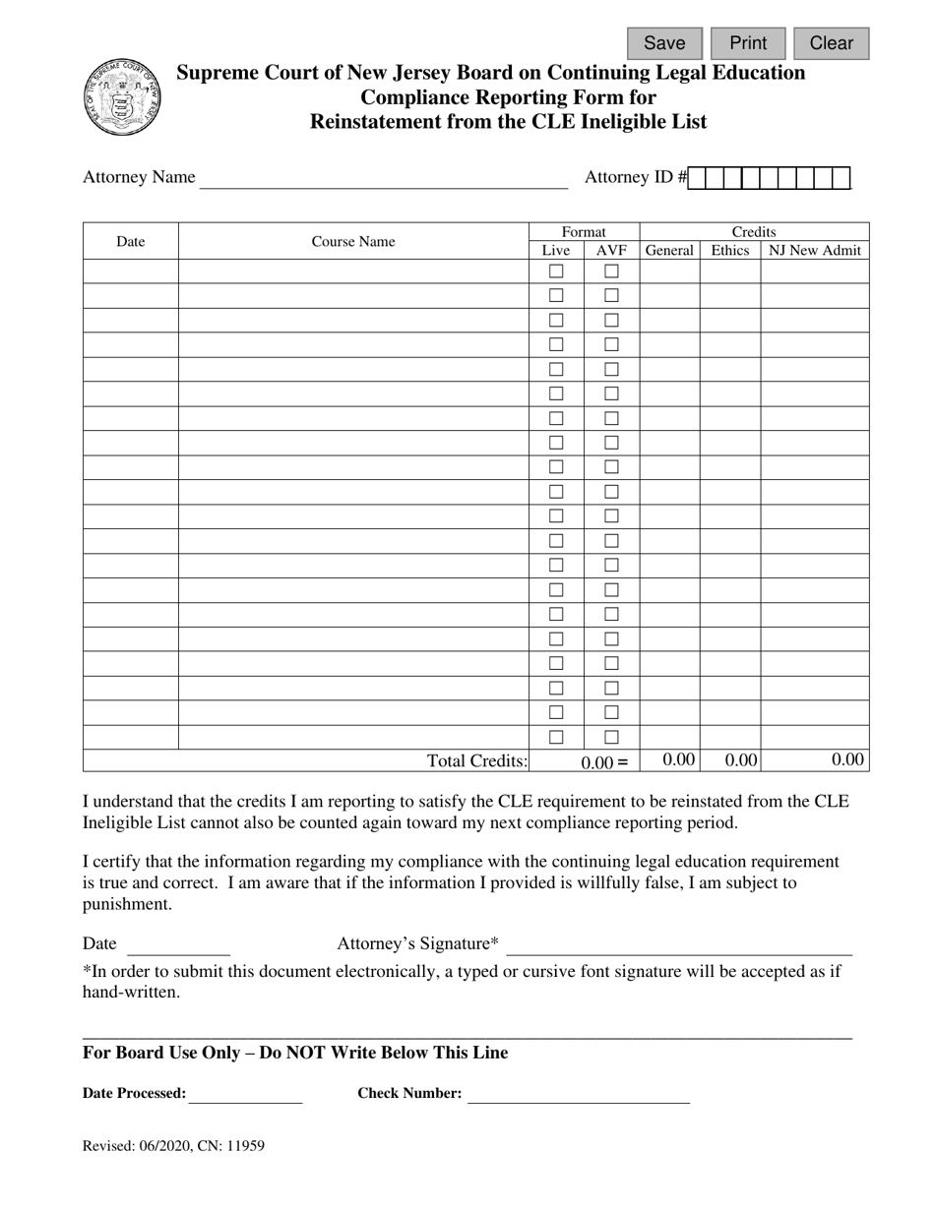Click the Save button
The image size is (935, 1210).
tap(664, 43)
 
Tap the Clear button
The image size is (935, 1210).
tap(831, 43)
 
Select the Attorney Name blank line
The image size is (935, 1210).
tap(384, 178)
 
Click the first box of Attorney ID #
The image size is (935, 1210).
tap(697, 178)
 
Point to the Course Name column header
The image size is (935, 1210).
tap(353, 241)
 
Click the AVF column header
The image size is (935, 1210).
tap(611, 251)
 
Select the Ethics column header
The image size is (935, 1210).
tap(729, 251)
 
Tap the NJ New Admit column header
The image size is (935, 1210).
tap(815, 251)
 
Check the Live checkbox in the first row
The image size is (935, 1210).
tap(556, 271)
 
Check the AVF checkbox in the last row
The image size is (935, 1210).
tap(611, 737)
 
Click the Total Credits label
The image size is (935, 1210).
tap(477, 760)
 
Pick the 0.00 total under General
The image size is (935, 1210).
tap(679, 759)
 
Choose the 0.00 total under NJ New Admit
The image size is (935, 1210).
tap(847, 759)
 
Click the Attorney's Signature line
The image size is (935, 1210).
tap(678, 945)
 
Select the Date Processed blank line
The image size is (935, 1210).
tap(244, 1094)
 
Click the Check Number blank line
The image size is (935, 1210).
tap(578, 1094)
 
